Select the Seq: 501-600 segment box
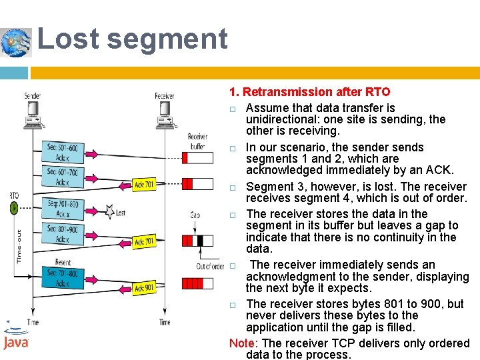(x=63, y=151)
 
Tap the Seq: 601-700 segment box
(x=63, y=177)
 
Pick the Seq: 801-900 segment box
(x=63, y=233)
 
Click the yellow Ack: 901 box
(x=144, y=288)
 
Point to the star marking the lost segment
(x=110, y=213)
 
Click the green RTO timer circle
(x=14, y=208)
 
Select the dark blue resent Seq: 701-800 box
(x=63, y=277)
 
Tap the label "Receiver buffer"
(x=197, y=141)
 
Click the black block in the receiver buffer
(x=200, y=241)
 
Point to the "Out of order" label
(x=210, y=267)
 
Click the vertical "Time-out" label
(x=19, y=246)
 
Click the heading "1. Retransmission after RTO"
(x=309, y=92)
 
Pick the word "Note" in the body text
(x=243, y=343)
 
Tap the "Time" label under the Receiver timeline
(x=165, y=323)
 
